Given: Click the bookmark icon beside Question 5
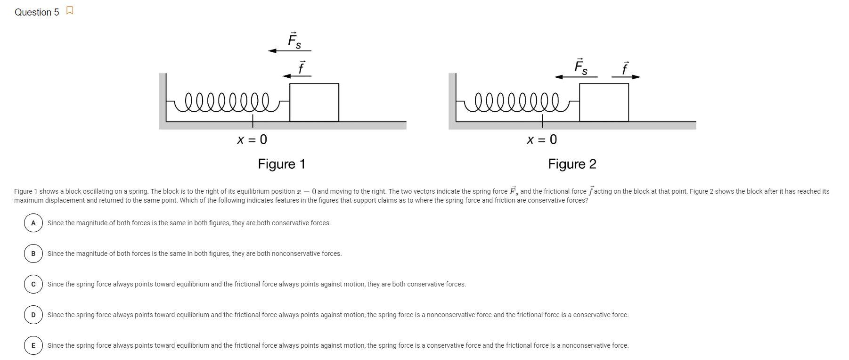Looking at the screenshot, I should [x=70, y=11].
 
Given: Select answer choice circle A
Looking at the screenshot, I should [x=33, y=223].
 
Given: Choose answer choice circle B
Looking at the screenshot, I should [x=33, y=254].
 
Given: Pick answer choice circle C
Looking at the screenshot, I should [x=33, y=284].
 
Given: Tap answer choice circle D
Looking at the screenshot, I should [x=33, y=315].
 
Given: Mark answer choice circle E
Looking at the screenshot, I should [x=33, y=345].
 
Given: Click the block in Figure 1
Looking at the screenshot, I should [x=314, y=102].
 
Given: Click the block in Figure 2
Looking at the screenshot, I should [x=604, y=102].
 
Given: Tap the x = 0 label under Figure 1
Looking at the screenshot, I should [x=252, y=139].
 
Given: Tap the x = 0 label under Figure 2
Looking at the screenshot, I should [x=542, y=139].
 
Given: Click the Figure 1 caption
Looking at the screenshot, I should [x=282, y=164].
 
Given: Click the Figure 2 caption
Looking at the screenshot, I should [x=572, y=164].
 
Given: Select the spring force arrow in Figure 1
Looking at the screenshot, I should [x=289, y=50].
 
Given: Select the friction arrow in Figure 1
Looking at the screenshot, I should [x=297, y=76].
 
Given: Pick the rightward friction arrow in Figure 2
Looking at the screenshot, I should [x=626, y=77].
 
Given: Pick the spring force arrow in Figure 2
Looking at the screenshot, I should [x=576, y=77].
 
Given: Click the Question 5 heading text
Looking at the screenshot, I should [x=37, y=12].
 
